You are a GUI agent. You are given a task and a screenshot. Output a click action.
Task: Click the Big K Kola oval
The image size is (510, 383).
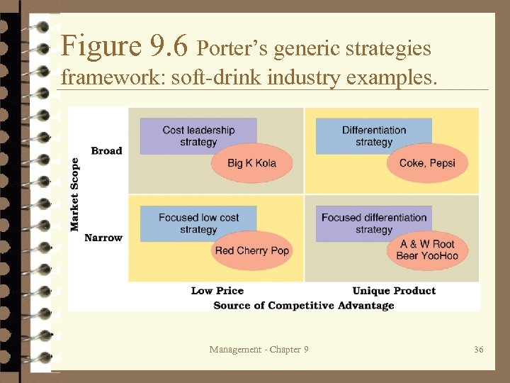pyautogui.click(x=251, y=164)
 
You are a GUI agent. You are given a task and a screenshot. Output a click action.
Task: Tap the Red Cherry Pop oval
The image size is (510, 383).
pyautogui.click(x=251, y=251)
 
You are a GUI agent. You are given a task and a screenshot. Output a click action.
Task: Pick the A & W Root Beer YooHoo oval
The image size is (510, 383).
pyautogui.click(x=427, y=250)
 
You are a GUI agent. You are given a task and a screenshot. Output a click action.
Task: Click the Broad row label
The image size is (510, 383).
pyautogui.click(x=106, y=150)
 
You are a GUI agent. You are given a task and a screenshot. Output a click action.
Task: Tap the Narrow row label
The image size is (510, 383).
pyautogui.click(x=103, y=238)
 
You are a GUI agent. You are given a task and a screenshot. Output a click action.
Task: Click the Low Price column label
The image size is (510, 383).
pyautogui.click(x=217, y=291)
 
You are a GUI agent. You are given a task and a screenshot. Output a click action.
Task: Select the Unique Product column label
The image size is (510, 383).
pyautogui.click(x=394, y=291)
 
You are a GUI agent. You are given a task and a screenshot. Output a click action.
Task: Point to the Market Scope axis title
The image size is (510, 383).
pyautogui.click(x=75, y=194)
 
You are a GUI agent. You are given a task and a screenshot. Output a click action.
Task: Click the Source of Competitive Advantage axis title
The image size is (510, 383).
pyautogui.click(x=303, y=305)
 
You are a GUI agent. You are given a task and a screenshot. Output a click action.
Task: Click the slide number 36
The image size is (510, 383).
pyautogui.click(x=478, y=349)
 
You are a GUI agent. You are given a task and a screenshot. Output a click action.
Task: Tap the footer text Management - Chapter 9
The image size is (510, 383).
pyautogui.click(x=259, y=349)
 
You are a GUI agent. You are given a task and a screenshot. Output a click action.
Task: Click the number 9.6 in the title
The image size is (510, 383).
pyautogui.click(x=169, y=47)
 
